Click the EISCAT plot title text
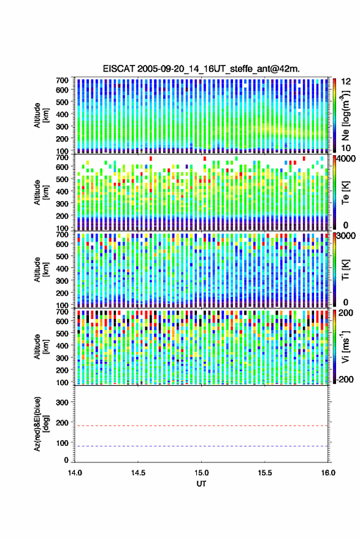pyautogui.click(x=201, y=69)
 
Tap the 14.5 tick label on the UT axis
pyautogui.click(x=138, y=473)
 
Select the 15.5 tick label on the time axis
pyautogui.click(x=265, y=473)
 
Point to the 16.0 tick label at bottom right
pyautogui.click(x=328, y=473)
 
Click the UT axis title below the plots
pyautogui.click(x=201, y=484)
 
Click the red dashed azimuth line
pyautogui.click(x=202, y=426)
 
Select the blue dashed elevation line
pyautogui.click(x=202, y=446)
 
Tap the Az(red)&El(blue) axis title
pyautogui.click(x=40, y=424)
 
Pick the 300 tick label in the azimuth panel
pyautogui.click(x=62, y=402)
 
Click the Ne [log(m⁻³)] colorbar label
pyautogui.click(x=345, y=115)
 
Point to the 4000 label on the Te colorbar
pyautogui.click(x=347, y=159)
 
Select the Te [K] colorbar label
pyautogui.click(x=345, y=193)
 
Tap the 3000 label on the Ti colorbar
pyautogui.click(x=347, y=236)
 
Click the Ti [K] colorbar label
pyautogui.click(x=345, y=270)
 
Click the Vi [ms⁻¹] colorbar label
pyautogui.click(x=345, y=346)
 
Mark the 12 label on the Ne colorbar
pyautogui.click(x=347, y=82)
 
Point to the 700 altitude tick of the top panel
pyautogui.click(x=62, y=80)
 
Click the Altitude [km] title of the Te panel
pyautogui.click(x=41, y=193)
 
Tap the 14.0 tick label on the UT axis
pyautogui.click(x=75, y=473)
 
